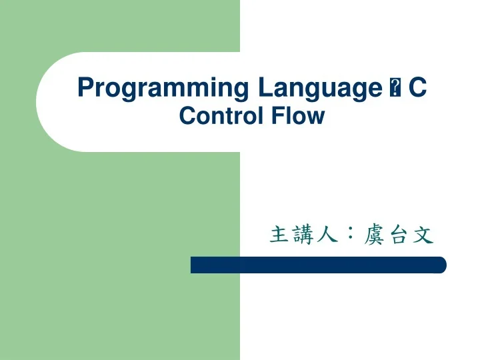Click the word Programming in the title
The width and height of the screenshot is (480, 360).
pyautogui.click(x=162, y=88)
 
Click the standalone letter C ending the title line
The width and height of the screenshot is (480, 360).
pyautogui.click(x=417, y=87)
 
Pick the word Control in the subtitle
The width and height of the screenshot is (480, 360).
pyautogui.click(x=221, y=116)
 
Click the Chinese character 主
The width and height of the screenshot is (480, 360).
pyautogui.click(x=279, y=235)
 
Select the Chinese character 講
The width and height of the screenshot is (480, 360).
pyautogui.click(x=302, y=235)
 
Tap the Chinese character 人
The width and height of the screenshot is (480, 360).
pyautogui.click(x=325, y=235)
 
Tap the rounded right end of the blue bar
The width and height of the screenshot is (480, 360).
pyautogui.click(x=441, y=265)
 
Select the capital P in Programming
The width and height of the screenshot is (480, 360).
pyautogui.click(x=85, y=87)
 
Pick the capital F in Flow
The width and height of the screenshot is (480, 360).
pyautogui.click(x=276, y=116)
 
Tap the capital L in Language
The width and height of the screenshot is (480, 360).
pyautogui.click(x=262, y=87)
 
